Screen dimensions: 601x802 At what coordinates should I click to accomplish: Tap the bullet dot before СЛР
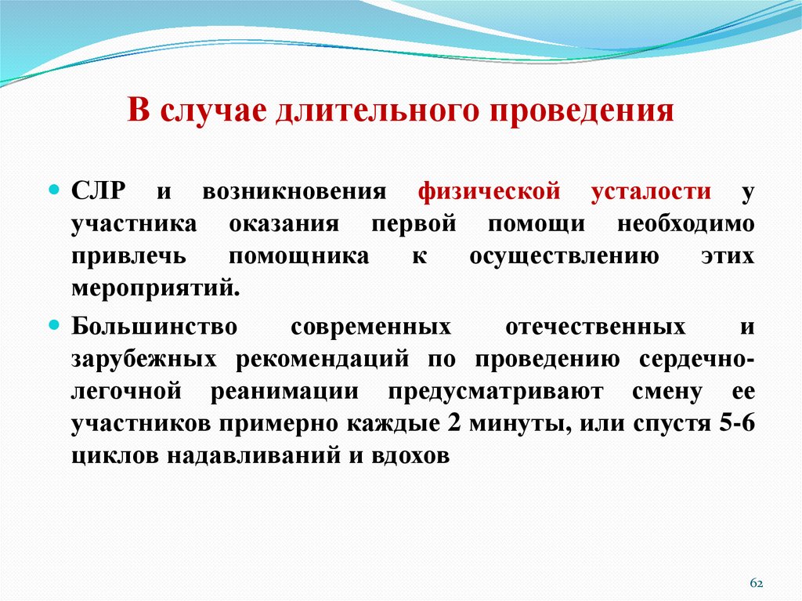click(54, 169)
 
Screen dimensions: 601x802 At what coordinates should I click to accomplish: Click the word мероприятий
click(155, 286)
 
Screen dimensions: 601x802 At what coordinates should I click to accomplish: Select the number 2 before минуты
click(452, 423)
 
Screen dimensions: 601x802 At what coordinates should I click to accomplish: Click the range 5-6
click(736, 423)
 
